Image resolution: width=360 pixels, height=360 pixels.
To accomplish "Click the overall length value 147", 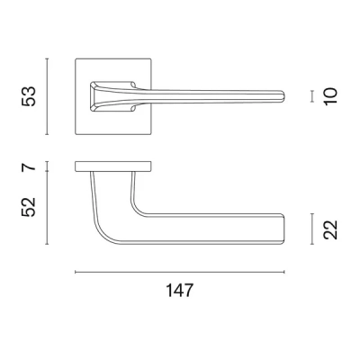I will pyautogui.click(x=179, y=290).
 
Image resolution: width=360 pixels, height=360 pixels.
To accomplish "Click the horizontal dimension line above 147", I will pyautogui.click(x=179, y=272).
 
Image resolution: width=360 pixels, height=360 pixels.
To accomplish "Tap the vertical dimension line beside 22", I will pyautogui.click(x=311, y=229).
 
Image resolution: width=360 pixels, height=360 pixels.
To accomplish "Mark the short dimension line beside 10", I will pyautogui.click(x=311, y=94).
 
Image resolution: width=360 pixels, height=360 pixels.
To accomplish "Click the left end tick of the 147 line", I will pyautogui.click(x=75, y=272).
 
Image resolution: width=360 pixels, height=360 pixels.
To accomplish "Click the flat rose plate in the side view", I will pyautogui.click(x=112, y=166).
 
